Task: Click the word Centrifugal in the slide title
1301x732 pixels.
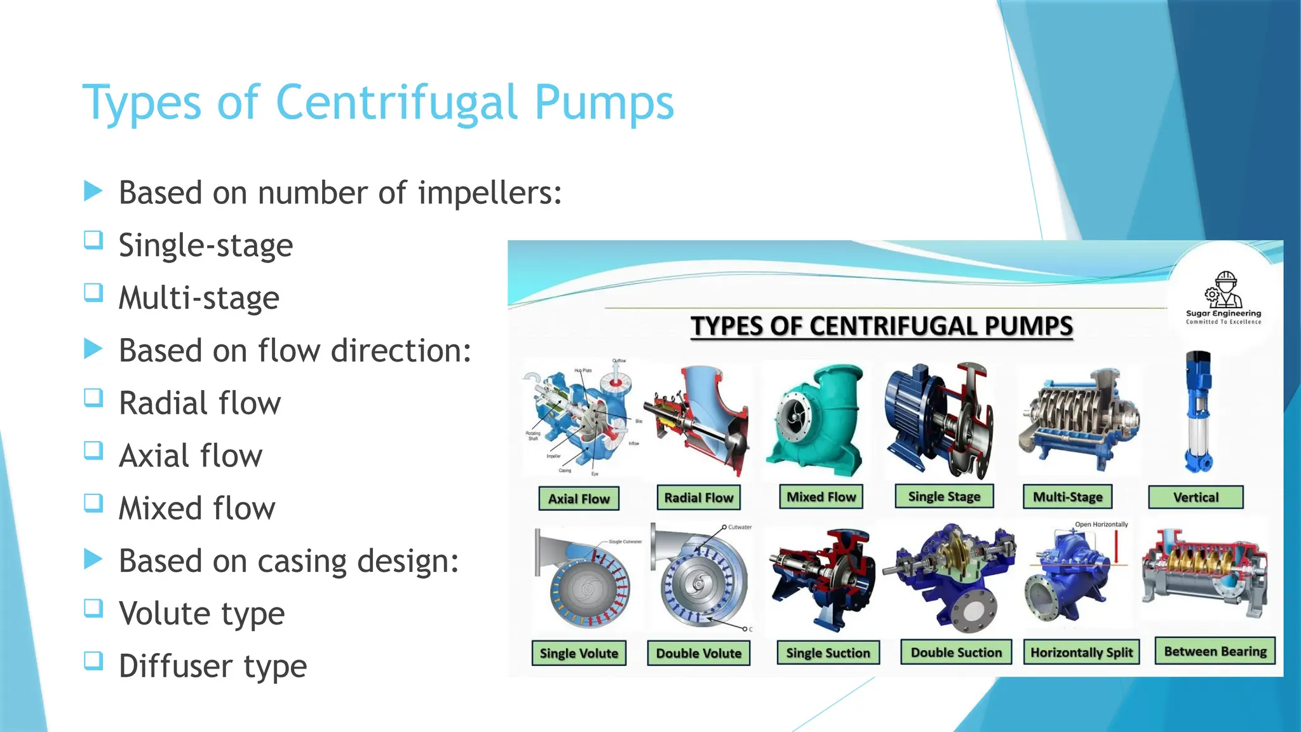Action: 397,103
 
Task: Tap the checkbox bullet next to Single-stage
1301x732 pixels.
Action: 93,240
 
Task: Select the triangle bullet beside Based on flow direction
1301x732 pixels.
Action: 93,348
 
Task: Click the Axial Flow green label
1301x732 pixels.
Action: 579,499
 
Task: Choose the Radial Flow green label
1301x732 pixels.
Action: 698,498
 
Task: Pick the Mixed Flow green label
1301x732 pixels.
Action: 821,497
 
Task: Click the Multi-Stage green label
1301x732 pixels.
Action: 1067,497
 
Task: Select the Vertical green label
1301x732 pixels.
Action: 1196,498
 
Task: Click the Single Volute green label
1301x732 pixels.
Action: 579,653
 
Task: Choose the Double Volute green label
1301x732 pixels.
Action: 698,653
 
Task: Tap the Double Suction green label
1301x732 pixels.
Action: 956,653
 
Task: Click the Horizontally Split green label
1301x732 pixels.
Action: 1081,653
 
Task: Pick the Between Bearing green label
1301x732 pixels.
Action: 1215,651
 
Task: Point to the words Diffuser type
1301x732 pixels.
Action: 213,666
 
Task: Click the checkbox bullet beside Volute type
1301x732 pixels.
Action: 93,608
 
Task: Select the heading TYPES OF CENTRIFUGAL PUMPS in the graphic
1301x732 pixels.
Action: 882,326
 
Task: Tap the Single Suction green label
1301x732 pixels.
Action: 828,653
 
